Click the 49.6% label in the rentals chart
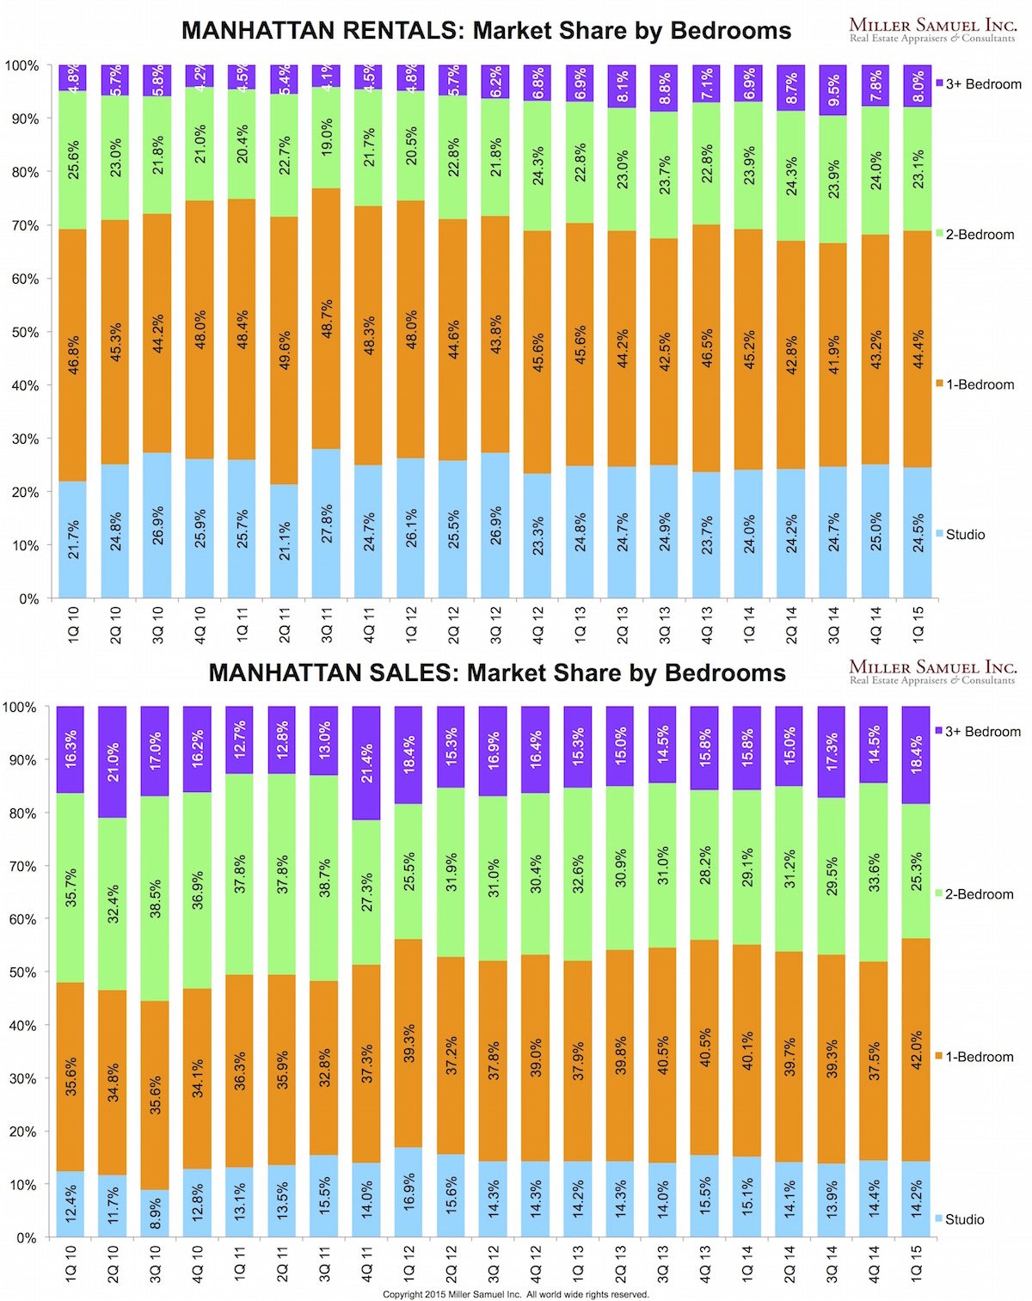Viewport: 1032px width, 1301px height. pyautogui.click(x=285, y=350)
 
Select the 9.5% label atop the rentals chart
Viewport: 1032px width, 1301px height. pyautogui.click(x=833, y=90)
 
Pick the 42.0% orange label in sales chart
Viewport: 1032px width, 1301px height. pyautogui.click(x=917, y=1051)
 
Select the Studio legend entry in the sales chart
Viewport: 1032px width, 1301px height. pyautogui.click(x=964, y=1219)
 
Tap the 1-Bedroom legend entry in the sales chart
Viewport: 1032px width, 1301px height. pyautogui.click(x=979, y=1057)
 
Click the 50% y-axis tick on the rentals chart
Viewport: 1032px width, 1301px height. pyautogui.click(x=25, y=332)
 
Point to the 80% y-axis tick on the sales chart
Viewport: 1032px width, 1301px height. pyautogui.click(x=23, y=813)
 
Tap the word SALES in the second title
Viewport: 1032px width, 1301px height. pyautogui.click(x=415, y=672)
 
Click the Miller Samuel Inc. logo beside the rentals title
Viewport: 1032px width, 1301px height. pyautogui.click(x=932, y=30)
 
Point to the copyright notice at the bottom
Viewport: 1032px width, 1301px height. pyautogui.click(x=516, y=1294)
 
